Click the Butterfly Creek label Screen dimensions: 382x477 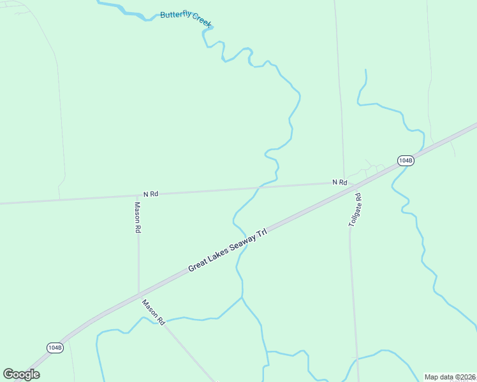tap(186, 19)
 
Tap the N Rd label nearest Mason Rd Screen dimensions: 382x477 tap(150, 194)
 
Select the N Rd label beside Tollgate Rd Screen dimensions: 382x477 tap(339, 183)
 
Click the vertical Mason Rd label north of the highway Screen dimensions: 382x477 tap(137, 218)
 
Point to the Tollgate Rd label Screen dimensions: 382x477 tap(355, 211)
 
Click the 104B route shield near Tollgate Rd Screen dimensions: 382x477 tap(406, 160)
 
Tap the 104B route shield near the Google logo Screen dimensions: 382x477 tap(55, 347)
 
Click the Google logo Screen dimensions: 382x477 tap(21, 374)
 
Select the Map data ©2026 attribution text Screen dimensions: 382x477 tap(450, 377)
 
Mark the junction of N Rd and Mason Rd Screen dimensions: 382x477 tap(138, 195)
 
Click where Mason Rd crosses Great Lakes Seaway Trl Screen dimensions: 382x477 tap(139, 294)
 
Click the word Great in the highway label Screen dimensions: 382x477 tap(198, 267)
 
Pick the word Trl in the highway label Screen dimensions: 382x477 tap(260, 232)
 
